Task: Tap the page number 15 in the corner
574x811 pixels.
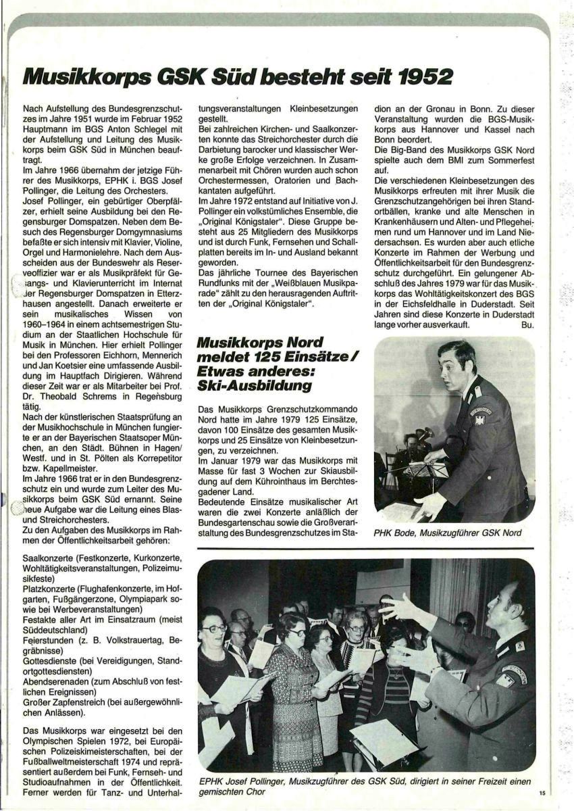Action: click(x=542, y=793)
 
